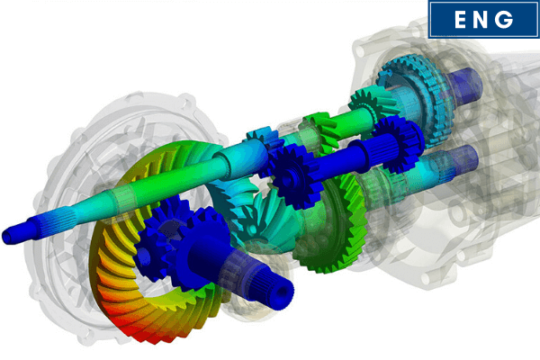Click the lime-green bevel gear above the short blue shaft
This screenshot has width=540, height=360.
coord(319,126)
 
